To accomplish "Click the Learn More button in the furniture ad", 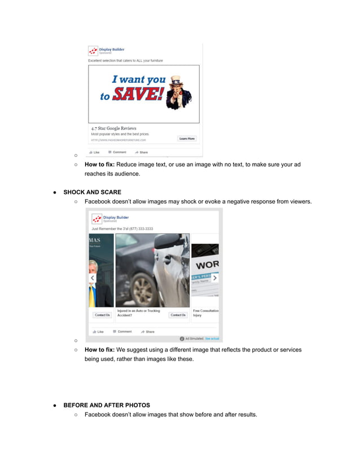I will pyautogui.click(x=187, y=138).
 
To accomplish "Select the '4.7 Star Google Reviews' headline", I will pyautogui.click(x=114, y=128).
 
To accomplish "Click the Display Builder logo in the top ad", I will pyautogui.click(x=93, y=51).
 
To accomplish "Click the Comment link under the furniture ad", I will pyautogui.click(x=117, y=152).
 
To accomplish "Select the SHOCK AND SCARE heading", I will pyautogui.click(x=92, y=192).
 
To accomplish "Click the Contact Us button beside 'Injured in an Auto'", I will pyautogui.click(x=178, y=315).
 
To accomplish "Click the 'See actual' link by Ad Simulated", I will pyautogui.click(x=212, y=338).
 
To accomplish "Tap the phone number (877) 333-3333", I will pyautogui.click(x=138, y=229).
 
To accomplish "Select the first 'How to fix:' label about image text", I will pyautogui.click(x=100, y=165).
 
